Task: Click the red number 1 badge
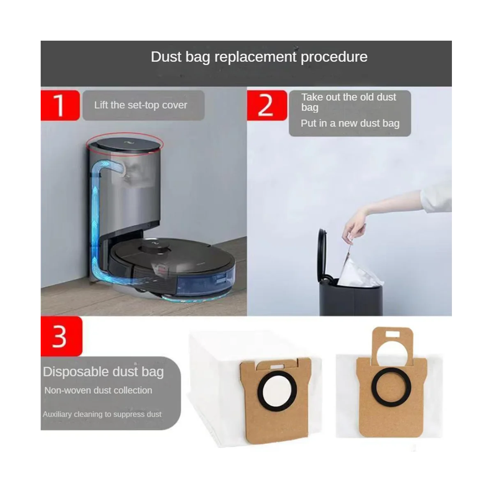coord(60,105)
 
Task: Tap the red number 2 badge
coord(267,105)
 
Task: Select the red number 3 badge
coord(61,336)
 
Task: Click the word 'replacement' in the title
coord(255,57)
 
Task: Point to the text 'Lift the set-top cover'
coord(141,105)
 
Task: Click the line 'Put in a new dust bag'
coord(350,123)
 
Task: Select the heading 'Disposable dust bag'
coord(103,372)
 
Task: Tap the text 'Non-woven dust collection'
coord(98,390)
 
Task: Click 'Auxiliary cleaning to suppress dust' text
coord(102,414)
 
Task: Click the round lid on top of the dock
coord(129,145)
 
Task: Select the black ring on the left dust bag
coord(277,392)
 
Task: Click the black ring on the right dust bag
coord(391,387)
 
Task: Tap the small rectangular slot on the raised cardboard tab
coord(393,334)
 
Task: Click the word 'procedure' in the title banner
coord(334,57)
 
